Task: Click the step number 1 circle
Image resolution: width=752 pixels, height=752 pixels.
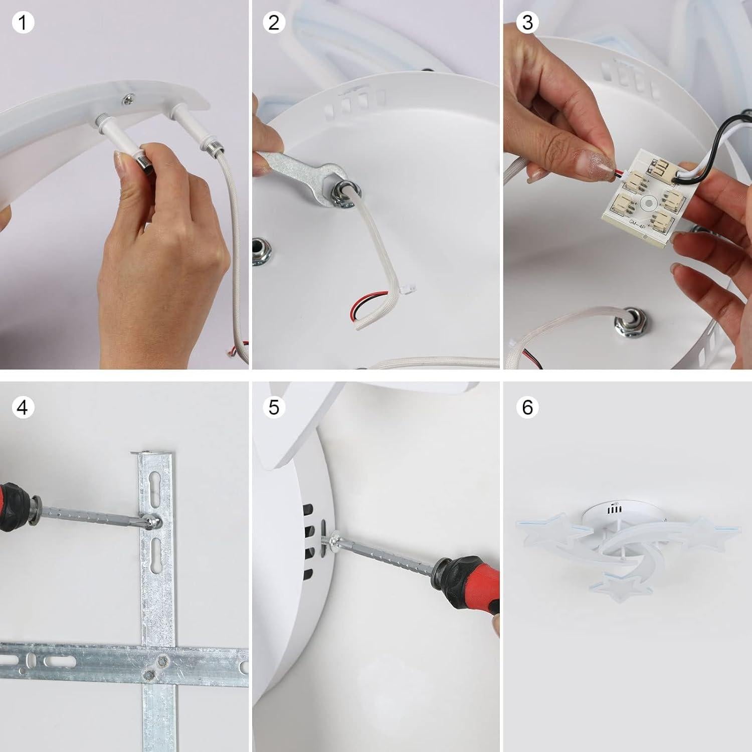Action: [x=23, y=23]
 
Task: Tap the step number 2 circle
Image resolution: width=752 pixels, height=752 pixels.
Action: [x=274, y=23]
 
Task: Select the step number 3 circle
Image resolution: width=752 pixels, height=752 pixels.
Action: [x=527, y=23]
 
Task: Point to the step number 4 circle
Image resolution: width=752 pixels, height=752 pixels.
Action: [x=23, y=407]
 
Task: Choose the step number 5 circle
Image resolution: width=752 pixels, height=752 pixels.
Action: [x=274, y=407]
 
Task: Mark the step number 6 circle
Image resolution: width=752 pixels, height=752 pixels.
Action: [x=527, y=407]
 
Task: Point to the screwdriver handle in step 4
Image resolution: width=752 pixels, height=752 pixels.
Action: [x=15, y=506]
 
